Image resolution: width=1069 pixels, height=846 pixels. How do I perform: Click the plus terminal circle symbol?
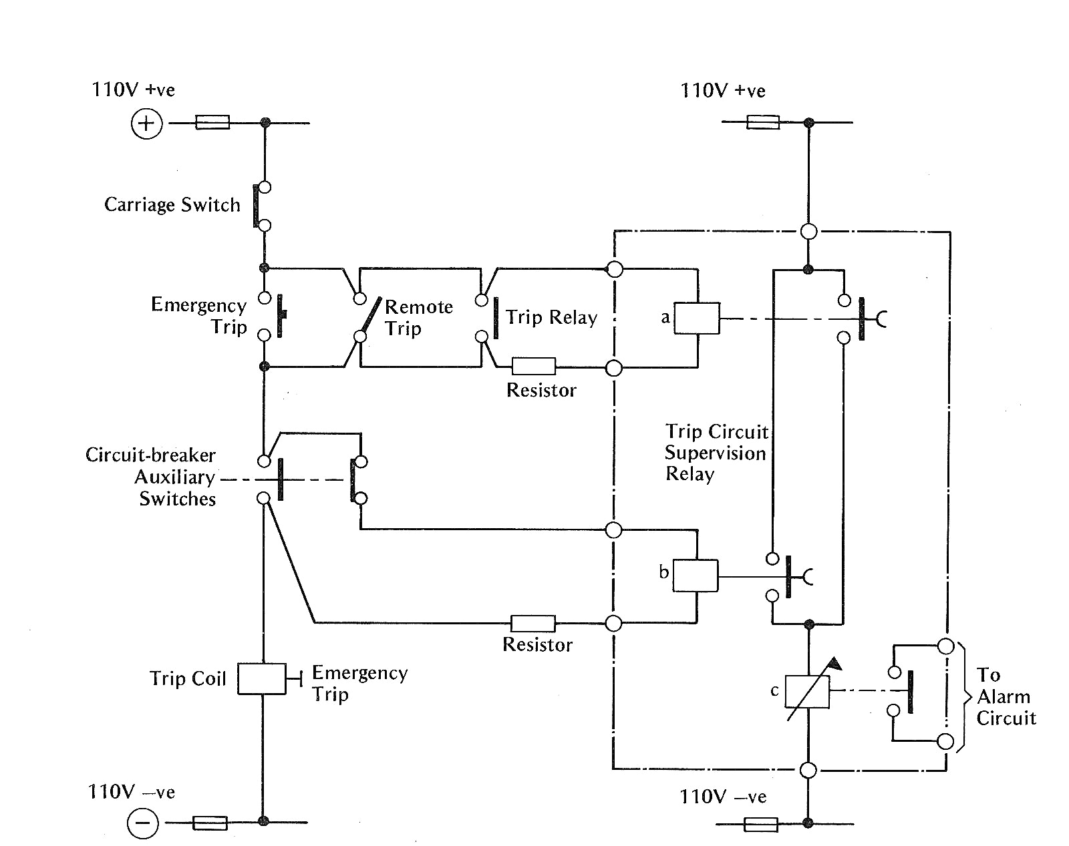click(x=146, y=124)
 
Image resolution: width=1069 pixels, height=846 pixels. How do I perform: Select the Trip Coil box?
click(x=262, y=679)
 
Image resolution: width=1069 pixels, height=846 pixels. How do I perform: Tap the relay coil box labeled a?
click(x=697, y=319)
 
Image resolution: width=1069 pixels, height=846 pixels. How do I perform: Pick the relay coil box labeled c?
click(x=807, y=692)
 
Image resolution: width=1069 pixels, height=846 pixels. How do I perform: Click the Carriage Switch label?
click(x=172, y=205)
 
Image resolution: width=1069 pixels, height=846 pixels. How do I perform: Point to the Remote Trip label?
click(x=418, y=318)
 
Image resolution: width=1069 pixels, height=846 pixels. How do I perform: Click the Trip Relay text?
click(x=551, y=318)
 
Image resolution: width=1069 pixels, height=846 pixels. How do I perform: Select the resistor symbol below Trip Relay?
click(x=533, y=366)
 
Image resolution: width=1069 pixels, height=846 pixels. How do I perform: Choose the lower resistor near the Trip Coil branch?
click(x=532, y=624)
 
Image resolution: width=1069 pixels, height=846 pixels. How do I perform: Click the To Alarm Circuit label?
click(x=1006, y=696)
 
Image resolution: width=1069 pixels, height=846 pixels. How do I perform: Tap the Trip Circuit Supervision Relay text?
click(x=716, y=453)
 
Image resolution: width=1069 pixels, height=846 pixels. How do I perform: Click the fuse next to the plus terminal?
click(x=212, y=123)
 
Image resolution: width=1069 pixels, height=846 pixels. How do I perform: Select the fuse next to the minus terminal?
click(x=210, y=823)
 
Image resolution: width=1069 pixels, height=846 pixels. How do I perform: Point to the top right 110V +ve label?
click(x=722, y=91)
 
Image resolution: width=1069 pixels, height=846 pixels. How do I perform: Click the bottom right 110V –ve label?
click(x=722, y=797)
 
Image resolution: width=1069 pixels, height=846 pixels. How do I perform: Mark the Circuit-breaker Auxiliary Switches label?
click(x=151, y=477)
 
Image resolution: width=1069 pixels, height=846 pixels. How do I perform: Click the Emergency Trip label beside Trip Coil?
click(x=359, y=683)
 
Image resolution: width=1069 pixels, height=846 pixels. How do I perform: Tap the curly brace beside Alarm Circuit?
click(x=963, y=697)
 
